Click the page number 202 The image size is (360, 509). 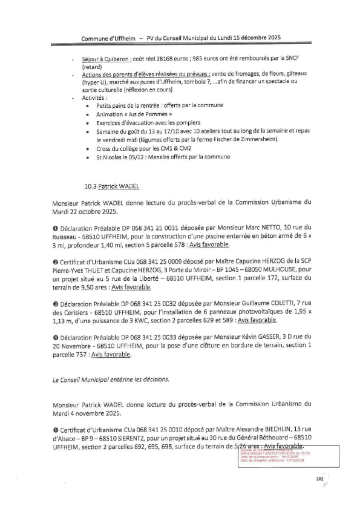[320, 479]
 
